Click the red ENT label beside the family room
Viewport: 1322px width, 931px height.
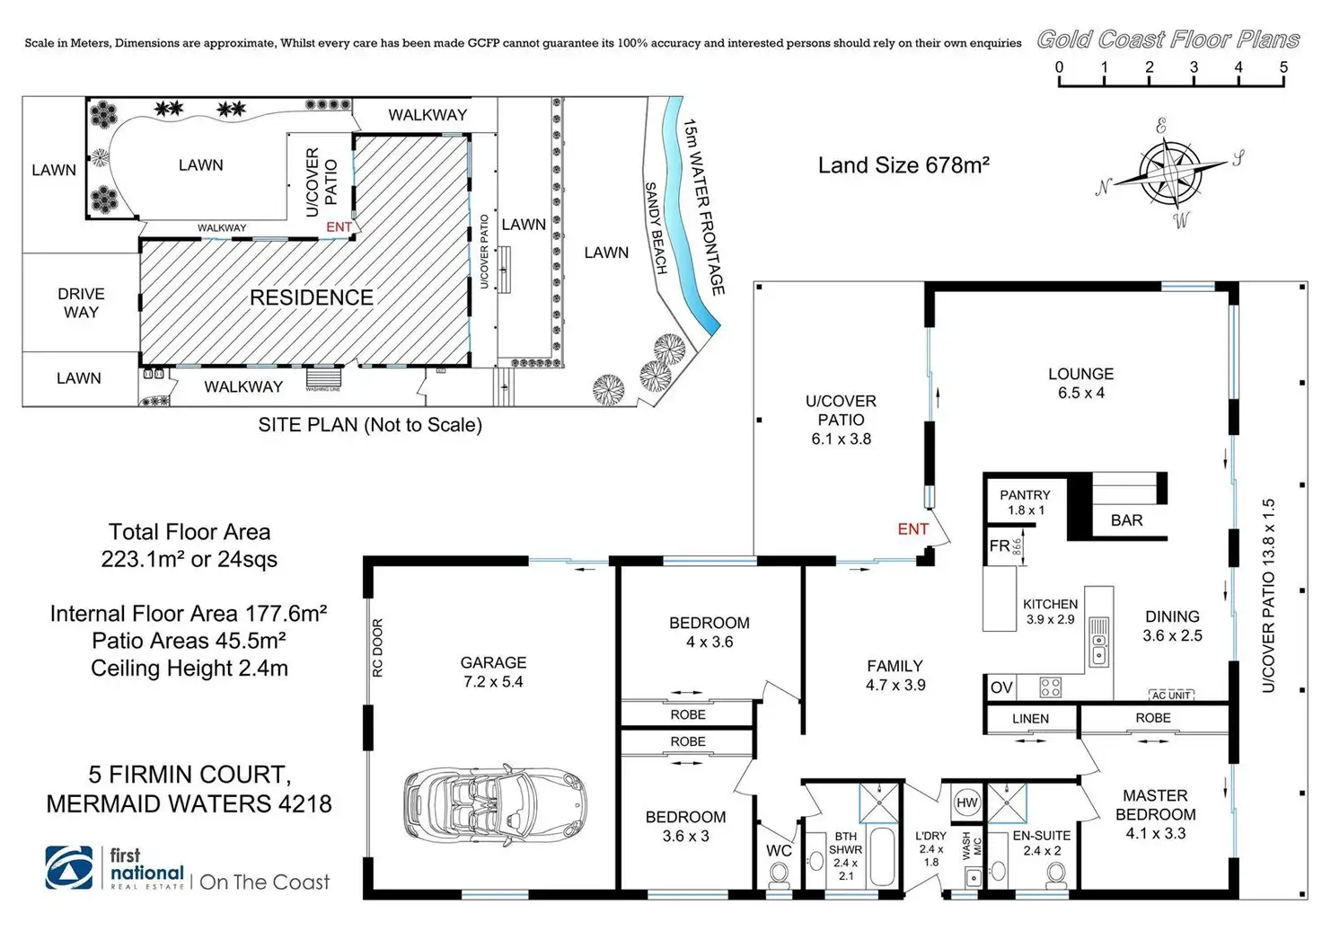[x=912, y=529]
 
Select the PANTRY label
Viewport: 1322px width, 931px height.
[x=1025, y=495]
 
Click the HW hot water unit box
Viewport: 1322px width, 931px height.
[x=966, y=802]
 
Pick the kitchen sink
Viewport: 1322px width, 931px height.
[x=1098, y=640]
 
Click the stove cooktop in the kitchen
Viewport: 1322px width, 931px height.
[x=1050, y=687]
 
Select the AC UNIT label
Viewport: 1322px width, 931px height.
[x=1171, y=695]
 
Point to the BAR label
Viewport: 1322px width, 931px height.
[x=1126, y=520]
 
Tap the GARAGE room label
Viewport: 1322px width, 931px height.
[x=493, y=662]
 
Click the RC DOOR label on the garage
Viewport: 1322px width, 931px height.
[x=377, y=647]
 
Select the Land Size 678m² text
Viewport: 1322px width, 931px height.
[x=903, y=165]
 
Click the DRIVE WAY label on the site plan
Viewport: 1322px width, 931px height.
[x=81, y=303]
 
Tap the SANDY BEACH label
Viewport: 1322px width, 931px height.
[x=657, y=227]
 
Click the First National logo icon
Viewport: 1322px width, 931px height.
[x=69, y=868]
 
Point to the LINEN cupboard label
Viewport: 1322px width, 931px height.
[x=1030, y=718]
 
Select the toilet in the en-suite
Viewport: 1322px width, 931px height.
[x=1055, y=872]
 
